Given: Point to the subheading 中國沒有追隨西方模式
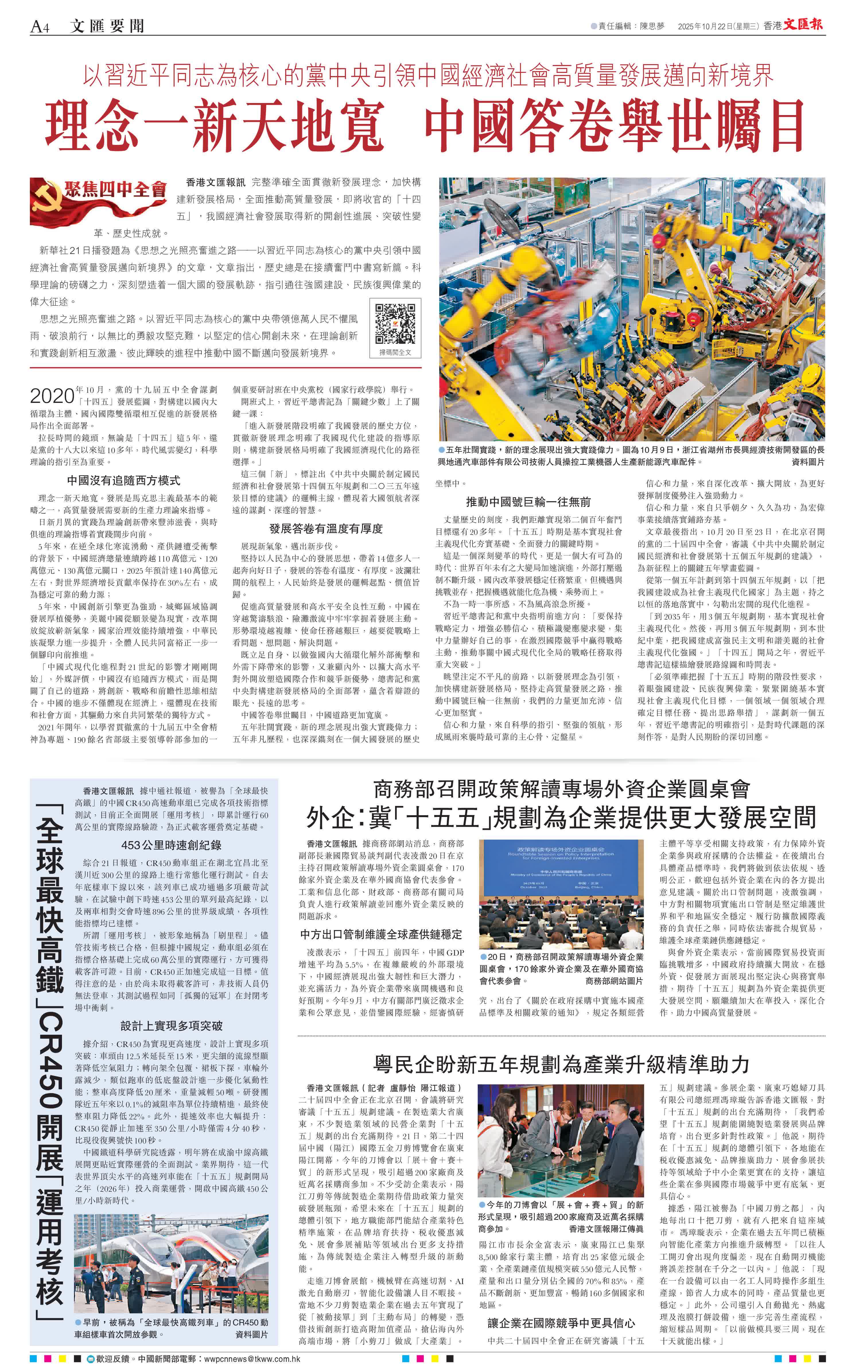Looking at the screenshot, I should pyautogui.click(x=123, y=480).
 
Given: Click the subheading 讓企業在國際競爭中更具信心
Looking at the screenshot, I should pyautogui.click(x=561, y=1323).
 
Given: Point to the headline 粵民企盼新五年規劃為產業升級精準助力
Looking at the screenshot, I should pyautogui.click(x=561, y=1064).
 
